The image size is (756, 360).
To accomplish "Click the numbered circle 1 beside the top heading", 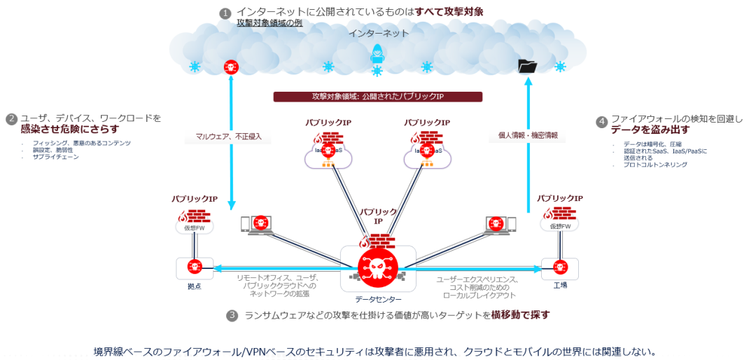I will click(225, 13).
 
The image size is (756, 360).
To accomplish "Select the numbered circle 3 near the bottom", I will click(232, 315).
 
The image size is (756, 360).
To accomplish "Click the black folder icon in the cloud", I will click(527, 66).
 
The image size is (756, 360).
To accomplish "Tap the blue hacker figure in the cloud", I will click(377, 55).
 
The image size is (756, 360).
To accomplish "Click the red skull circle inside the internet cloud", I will click(230, 67).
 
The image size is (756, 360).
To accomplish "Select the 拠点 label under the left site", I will click(195, 286).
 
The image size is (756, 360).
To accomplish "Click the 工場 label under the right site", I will click(560, 286).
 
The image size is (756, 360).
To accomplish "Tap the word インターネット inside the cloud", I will click(378, 33).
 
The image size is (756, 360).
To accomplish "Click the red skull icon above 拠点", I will click(195, 266).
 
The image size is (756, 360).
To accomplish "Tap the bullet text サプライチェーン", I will click(56, 157).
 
